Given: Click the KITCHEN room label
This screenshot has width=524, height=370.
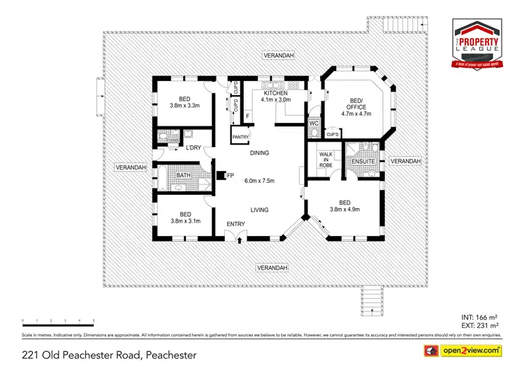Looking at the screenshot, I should pyautogui.click(x=275, y=93).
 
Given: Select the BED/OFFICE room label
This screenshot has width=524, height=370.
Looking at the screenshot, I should pyautogui.click(x=356, y=103).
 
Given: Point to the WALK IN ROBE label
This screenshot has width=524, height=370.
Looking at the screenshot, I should pyautogui.click(x=325, y=159).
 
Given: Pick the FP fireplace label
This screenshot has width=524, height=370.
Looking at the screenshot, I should pyautogui.click(x=231, y=175).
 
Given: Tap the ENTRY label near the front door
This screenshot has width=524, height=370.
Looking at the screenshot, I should pyautogui.click(x=235, y=224).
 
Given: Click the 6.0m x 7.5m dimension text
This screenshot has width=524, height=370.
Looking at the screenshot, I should pyautogui.click(x=259, y=181).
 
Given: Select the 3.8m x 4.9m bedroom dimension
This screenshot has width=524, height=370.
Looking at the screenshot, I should pyautogui.click(x=344, y=209).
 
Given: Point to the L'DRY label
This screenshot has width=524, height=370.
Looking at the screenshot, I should pyautogui.click(x=194, y=148).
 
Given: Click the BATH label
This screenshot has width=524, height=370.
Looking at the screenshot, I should pyautogui.click(x=184, y=175).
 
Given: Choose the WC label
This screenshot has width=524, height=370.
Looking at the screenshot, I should pyautogui.click(x=314, y=124).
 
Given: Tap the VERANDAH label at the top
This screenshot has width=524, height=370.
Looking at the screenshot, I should pyautogui.click(x=278, y=54).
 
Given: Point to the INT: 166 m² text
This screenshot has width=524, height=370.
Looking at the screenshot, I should pyautogui.click(x=480, y=317).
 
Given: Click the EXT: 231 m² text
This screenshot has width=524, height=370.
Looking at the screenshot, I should pyautogui.click(x=480, y=325).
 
